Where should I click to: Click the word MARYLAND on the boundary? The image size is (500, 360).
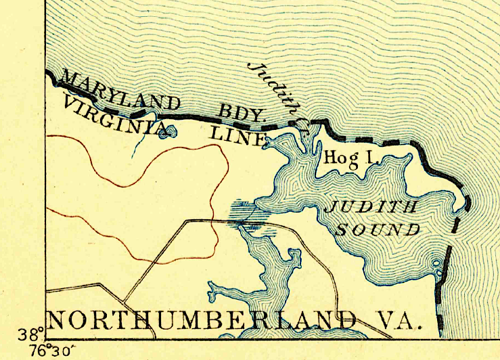(x=122, y=95)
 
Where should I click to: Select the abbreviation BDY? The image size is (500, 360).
(x=241, y=113)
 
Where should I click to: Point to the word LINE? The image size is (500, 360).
(x=236, y=135)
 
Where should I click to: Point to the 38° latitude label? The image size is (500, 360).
(x=35, y=334)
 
